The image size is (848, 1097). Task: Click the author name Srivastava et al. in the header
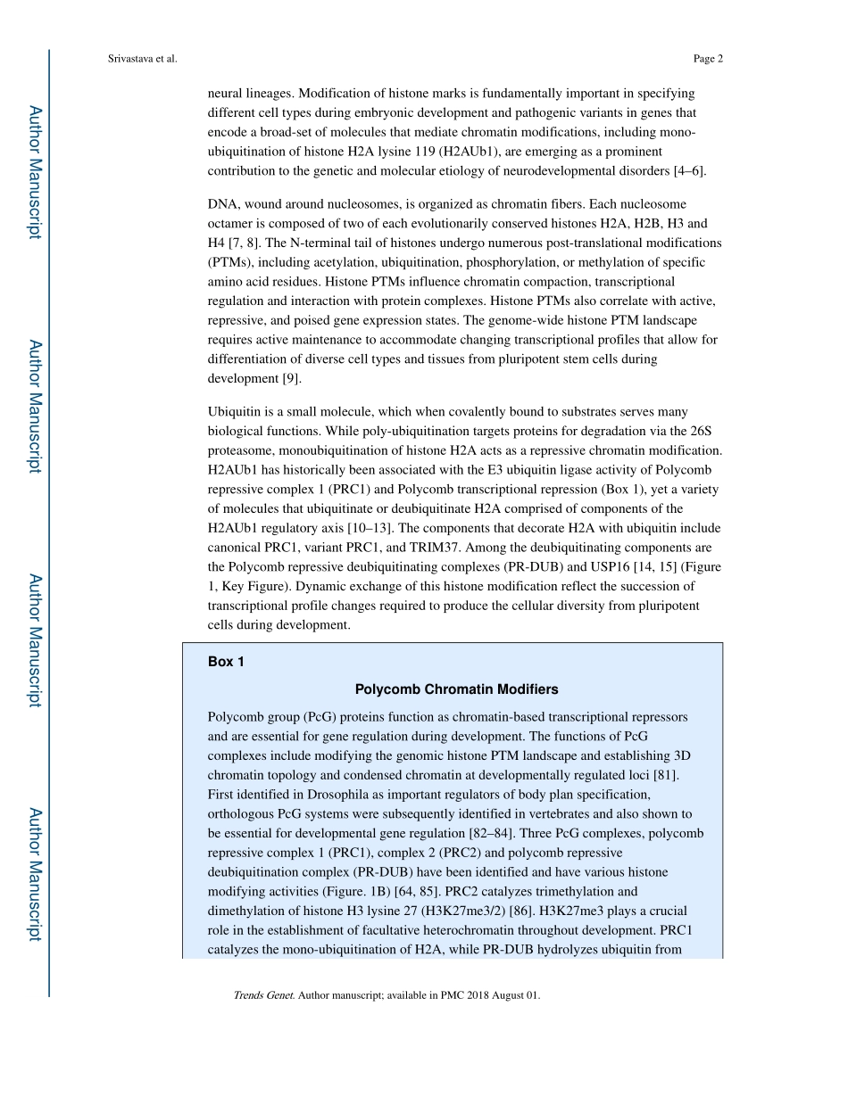[x=142, y=59]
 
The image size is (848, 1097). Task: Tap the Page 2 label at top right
[x=707, y=59]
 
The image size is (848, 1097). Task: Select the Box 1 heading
[x=226, y=662]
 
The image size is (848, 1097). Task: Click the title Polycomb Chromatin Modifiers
[x=456, y=689]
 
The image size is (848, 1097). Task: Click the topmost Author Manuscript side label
[x=34, y=172]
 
